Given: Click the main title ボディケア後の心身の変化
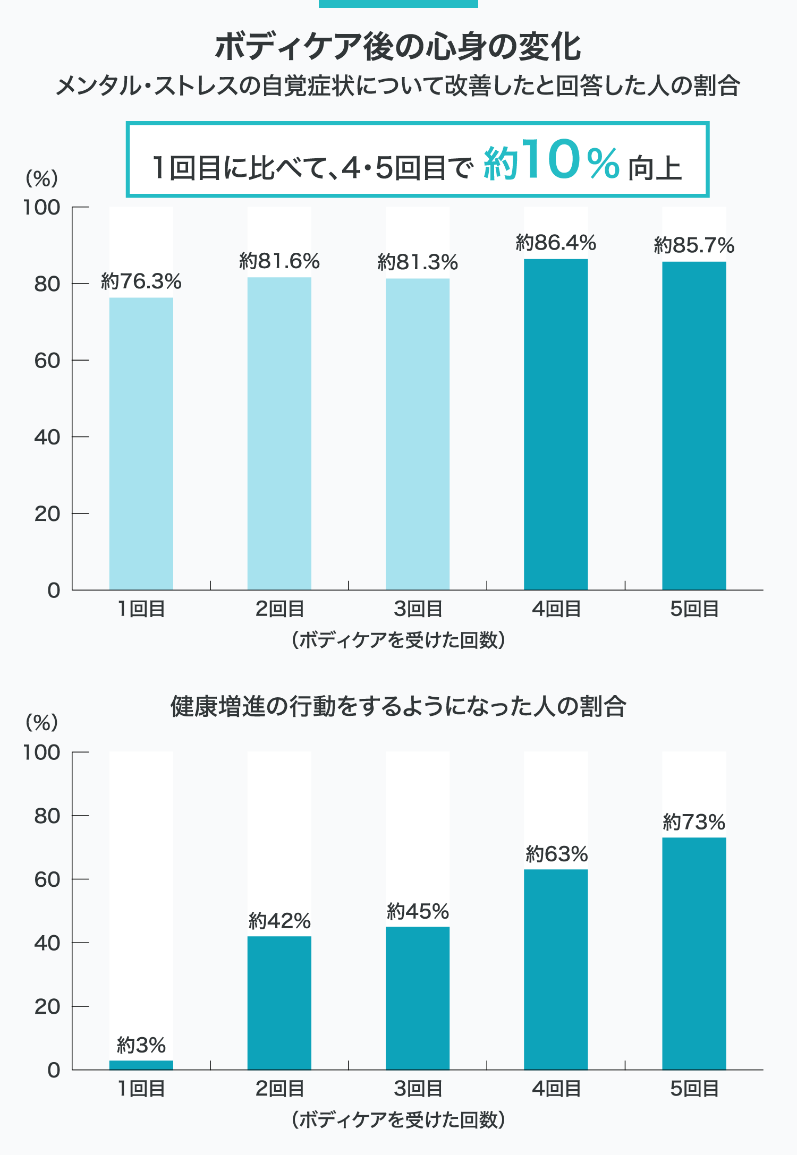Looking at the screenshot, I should click(x=398, y=47).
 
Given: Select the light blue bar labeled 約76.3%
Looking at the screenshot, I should click(x=141, y=443).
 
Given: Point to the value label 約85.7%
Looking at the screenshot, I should click(x=694, y=245).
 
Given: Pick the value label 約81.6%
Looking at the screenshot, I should click(x=279, y=261).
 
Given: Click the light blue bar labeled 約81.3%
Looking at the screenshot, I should click(x=418, y=434).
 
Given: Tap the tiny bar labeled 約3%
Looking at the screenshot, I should click(x=141, y=1065).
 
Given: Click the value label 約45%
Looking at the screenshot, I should click(x=418, y=911).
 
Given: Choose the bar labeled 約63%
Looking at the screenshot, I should click(x=556, y=969).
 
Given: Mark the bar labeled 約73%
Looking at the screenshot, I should click(x=694, y=953).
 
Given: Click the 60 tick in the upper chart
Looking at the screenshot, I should click(x=47, y=361).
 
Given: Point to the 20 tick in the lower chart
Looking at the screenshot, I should click(x=47, y=1006).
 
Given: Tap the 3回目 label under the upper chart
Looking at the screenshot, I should click(x=418, y=609).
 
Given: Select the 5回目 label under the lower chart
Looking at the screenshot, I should click(x=694, y=1089).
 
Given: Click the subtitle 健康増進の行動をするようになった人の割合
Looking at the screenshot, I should click(x=398, y=706).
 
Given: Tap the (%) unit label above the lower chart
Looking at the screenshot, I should click(x=41, y=722).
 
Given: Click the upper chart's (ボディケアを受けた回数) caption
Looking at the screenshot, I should click(x=398, y=640).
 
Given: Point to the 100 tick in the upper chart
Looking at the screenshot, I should click(x=41, y=208).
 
